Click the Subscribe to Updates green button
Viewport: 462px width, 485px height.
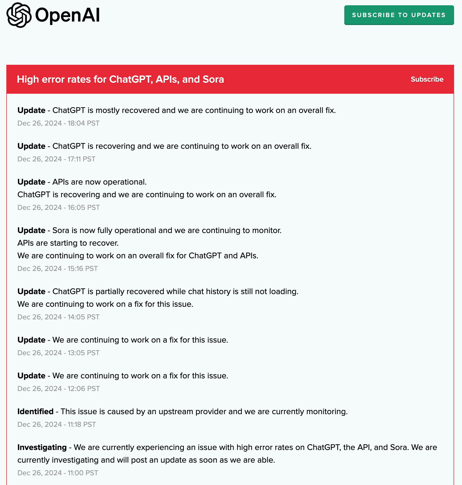point(399,15)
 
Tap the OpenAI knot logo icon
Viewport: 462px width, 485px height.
point(19,15)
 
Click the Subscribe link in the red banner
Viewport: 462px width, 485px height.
point(427,79)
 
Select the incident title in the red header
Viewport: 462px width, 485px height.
point(120,79)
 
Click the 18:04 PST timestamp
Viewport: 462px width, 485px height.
point(58,123)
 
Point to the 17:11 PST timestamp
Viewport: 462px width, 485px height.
point(56,159)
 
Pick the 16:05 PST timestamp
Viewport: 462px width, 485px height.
point(58,207)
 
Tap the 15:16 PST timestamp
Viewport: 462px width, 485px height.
point(57,269)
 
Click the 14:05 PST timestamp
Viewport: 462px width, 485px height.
point(58,317)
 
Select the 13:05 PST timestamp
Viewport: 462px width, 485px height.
point(58,353)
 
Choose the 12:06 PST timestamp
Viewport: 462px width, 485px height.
point(58,389)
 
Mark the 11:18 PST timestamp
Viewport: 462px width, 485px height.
point(57,424)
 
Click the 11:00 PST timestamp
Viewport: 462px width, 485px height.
point(58,473)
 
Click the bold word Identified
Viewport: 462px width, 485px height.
point(35,412)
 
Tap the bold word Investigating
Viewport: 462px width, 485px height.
point(42,447)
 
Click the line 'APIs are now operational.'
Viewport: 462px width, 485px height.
point(100,182)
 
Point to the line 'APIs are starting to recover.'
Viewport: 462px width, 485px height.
point(68,243)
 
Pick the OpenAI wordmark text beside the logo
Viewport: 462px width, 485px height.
point(67,15)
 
